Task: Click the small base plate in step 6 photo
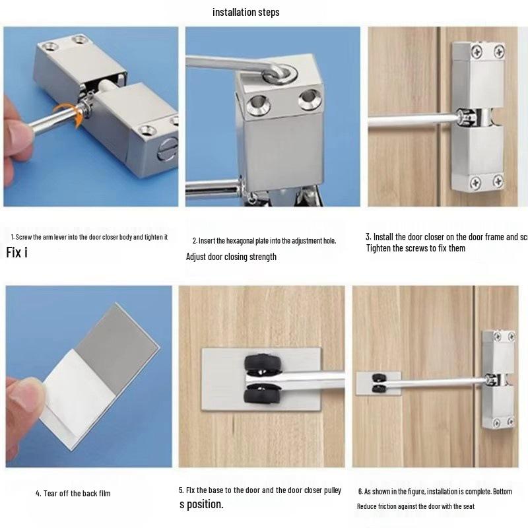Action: (x=369, y=383)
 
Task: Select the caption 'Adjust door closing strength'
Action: (x=231, y=257)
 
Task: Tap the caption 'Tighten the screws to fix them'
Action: (x=416, y=248)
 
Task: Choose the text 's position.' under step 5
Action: (x=201, y=505)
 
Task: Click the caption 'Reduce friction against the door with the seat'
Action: (x=416, y=506)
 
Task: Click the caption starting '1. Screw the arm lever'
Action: (x=89, y=237)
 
